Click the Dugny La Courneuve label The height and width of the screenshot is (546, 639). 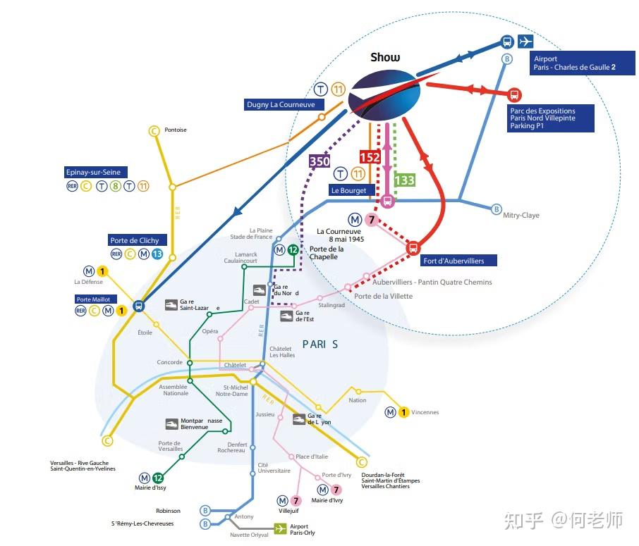[284, 104]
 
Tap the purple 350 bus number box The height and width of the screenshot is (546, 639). [319, 161]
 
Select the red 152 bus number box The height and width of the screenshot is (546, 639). [370, 157]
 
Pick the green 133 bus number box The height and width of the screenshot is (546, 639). [404, 180]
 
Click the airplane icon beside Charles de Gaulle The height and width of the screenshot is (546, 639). [525, 42]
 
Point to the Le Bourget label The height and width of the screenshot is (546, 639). [348, 190]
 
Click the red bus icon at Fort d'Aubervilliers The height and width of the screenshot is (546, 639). [413, 247]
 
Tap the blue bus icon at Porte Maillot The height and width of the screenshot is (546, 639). [138, 306]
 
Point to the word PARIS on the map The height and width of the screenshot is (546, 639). [320, 345]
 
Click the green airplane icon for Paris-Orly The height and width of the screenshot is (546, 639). [280, 528]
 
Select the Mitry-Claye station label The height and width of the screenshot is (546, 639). [521, 215]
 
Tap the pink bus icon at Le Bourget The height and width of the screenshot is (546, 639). [387, 201]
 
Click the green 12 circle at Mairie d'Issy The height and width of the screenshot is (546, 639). [158, 478]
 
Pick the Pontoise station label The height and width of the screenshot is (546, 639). [176, 130]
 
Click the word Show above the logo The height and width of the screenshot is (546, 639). [385, 57]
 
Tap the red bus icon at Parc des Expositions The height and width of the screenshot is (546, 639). [514, 94]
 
